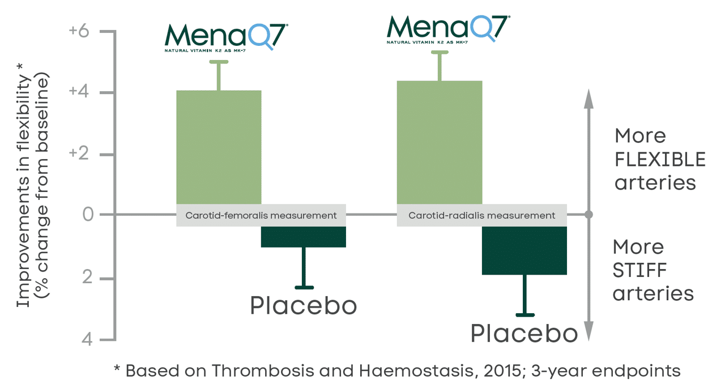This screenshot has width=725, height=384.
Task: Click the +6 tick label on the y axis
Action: point(79,31)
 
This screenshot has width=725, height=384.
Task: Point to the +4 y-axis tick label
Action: point(79,93)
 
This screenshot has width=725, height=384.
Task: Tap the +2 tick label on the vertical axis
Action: point(79,155)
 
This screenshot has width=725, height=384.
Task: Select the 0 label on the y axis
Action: point(88,215)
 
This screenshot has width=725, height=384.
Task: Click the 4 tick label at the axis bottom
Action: point(88,340)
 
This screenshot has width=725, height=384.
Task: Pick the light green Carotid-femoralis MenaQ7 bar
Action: point(219,147)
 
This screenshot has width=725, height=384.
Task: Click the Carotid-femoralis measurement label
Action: point(261,215)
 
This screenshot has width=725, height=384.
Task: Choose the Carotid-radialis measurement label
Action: point(482,215)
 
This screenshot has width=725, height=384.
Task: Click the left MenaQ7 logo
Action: point(226,37)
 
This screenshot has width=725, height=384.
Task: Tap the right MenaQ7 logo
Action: point(447,29)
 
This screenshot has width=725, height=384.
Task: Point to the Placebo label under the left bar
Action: point(304,306)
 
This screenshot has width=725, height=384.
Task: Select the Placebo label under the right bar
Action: point(524,334)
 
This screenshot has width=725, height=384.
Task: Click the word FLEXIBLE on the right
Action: point(660,160)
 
